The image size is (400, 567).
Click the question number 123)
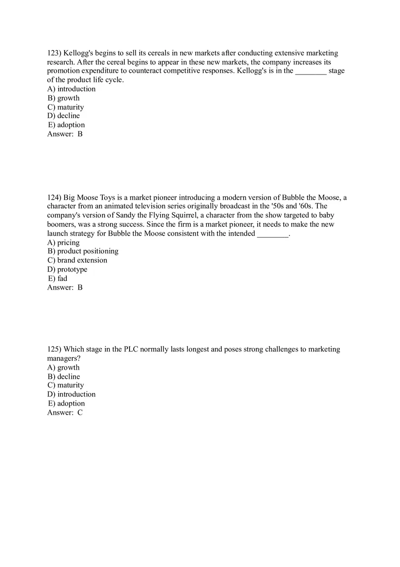click(x=55, y=53)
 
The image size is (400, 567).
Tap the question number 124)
click(x=55, y=197)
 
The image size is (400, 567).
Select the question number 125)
click(x=55, y=349)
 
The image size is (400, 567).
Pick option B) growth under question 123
click(x=64, y=98)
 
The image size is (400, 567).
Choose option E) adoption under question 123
click(x=66, y=125)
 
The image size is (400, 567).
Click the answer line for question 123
click(x=65, y=134)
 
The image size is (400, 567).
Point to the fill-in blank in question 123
click(x=311, y=71)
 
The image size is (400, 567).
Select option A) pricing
click(x=64, y=242)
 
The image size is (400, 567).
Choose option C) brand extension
click(x=77, y=260)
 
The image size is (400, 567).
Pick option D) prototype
click(x=67, y=269)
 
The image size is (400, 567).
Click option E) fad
click(x=57, y=278)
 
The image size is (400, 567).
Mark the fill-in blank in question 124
click(x=273, y=234)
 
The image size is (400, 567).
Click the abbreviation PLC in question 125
click(x=131, y=349)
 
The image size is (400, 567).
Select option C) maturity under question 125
click(x=66, y=385)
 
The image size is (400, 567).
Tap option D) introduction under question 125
click(x=71, y=394)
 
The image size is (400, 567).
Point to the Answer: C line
click(x=65, y=412)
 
